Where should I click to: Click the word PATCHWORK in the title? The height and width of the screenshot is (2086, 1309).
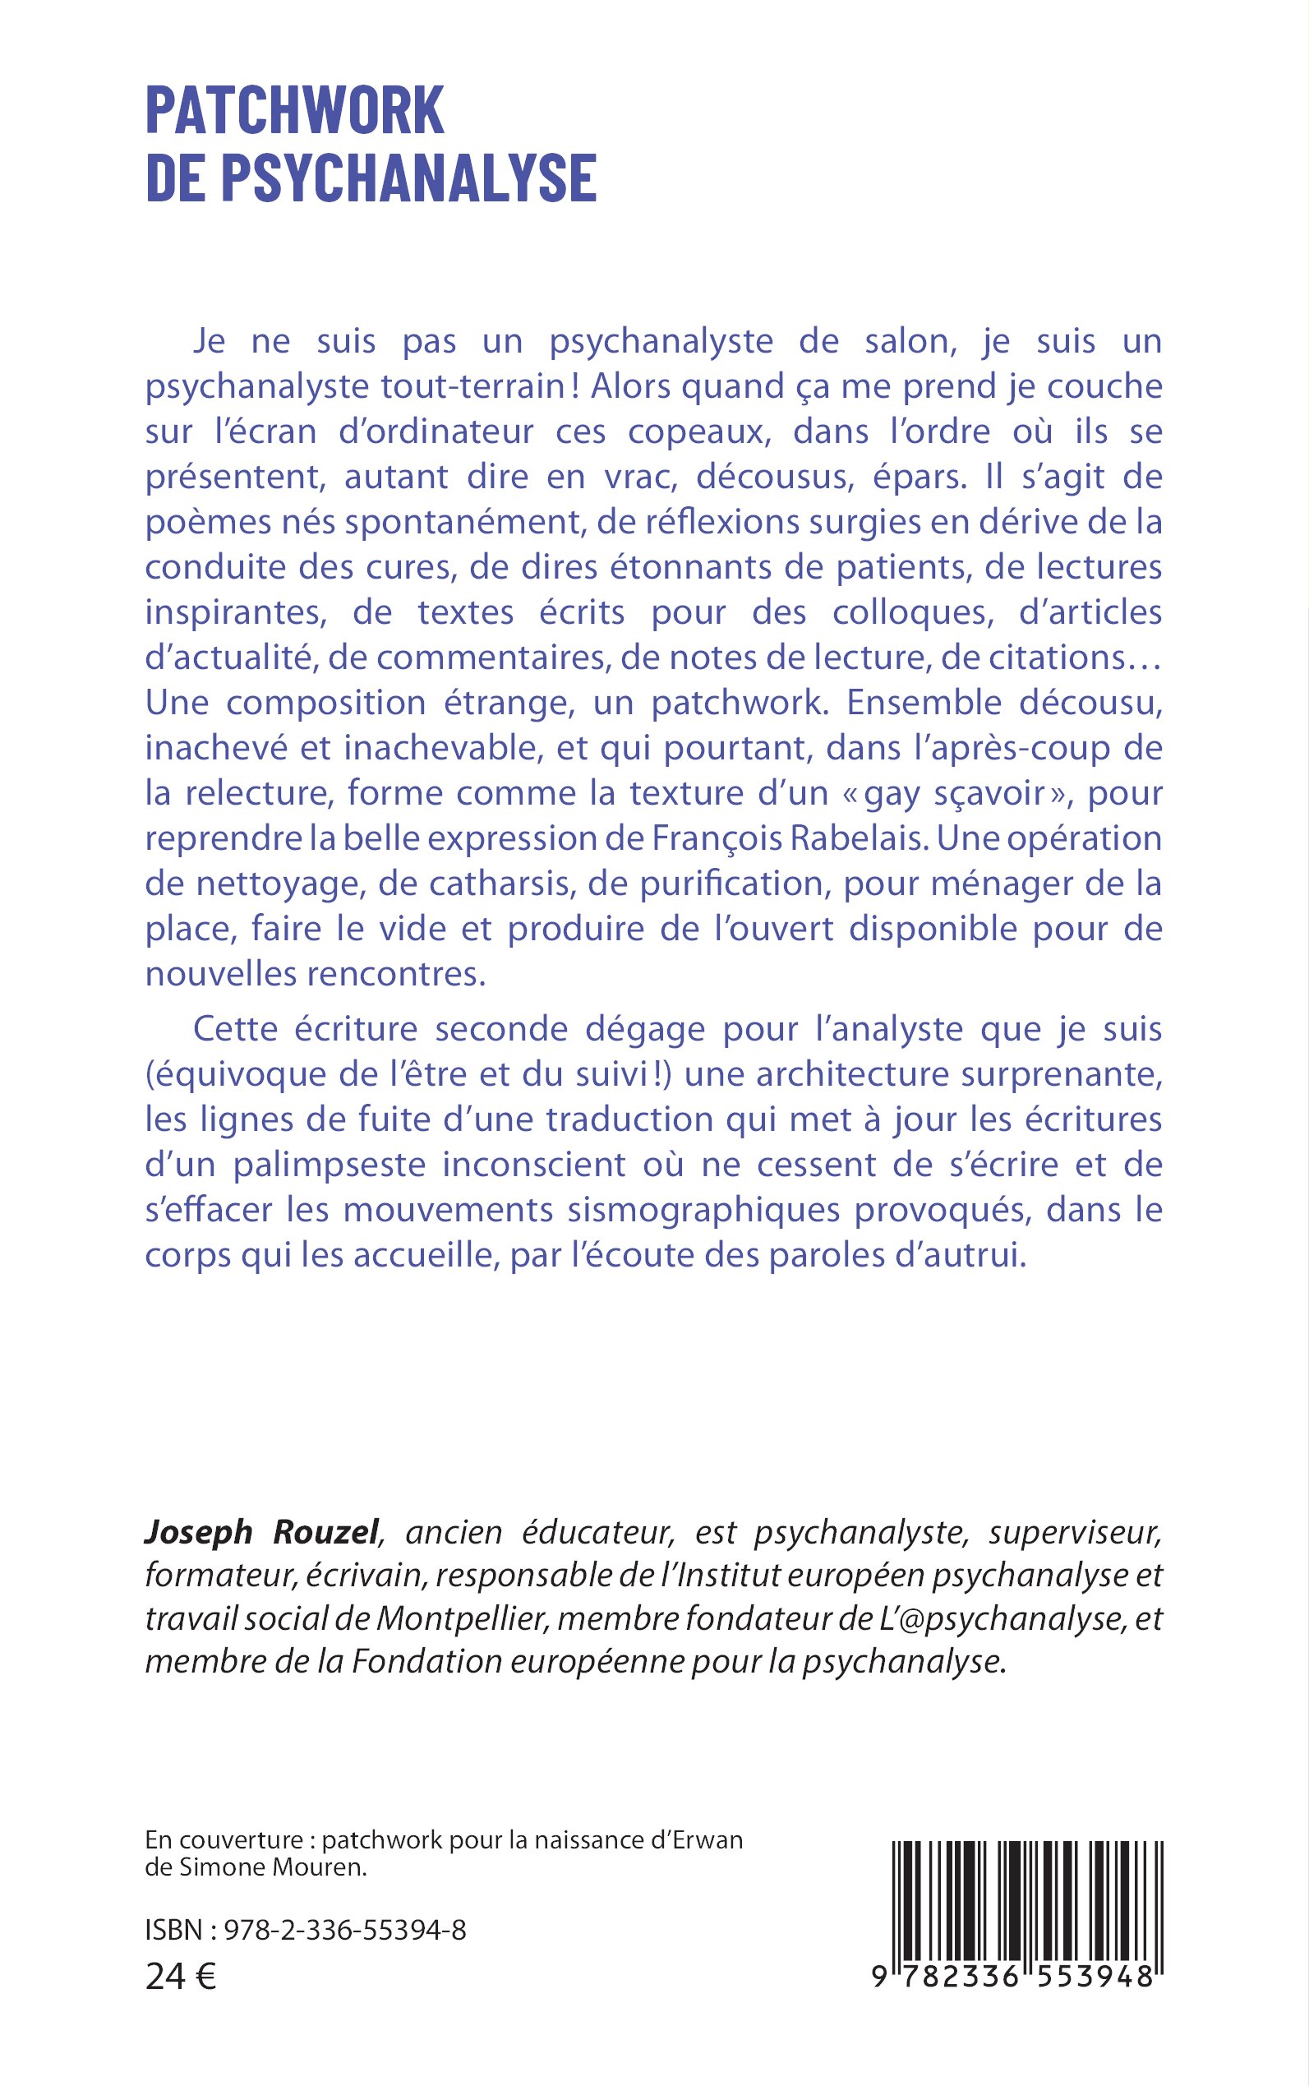point(294,111)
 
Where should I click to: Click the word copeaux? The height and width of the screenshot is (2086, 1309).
point(698,432)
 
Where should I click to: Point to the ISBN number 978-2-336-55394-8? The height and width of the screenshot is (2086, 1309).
point(344,1930)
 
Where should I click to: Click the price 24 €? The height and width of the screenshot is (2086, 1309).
point(181,1977)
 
